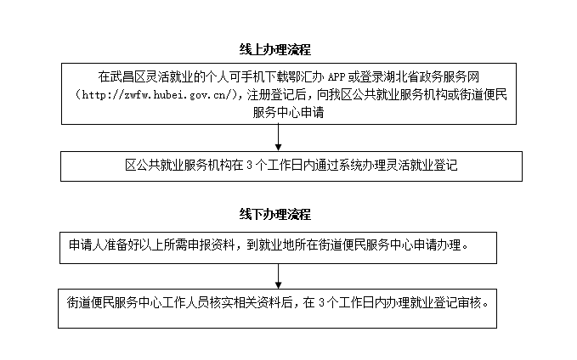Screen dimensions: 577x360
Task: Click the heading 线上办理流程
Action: point(274,49)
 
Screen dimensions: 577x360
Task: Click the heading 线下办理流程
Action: point(274,214)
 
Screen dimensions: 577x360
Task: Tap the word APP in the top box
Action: point(337,77)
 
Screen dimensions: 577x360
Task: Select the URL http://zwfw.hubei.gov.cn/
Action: point(158,95)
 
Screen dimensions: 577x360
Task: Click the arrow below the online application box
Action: point(278,138)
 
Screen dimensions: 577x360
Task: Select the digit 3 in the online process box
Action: point(249,166)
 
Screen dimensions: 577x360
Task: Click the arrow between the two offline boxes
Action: point(278,276)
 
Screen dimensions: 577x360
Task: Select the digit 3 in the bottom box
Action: point(321,303)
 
